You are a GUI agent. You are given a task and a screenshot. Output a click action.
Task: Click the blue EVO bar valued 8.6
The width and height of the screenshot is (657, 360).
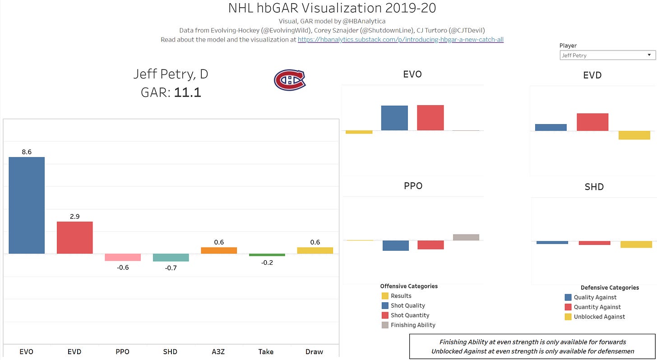tap(27, 205)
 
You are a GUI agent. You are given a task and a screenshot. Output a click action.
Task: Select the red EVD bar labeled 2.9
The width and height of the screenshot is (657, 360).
tap(74, 237)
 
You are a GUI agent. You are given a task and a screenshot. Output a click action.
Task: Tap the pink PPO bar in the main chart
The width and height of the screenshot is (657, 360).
tap(123, 257)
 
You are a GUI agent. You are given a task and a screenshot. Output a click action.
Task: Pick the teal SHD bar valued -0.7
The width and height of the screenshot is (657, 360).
tap(171, 258)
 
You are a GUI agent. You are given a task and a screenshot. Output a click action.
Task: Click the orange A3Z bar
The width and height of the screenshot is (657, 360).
tap(219, 250)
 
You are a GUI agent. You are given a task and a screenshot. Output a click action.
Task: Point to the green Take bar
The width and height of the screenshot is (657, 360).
tap(267, 255)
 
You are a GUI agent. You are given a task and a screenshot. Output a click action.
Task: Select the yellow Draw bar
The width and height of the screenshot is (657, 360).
tap(315, 250)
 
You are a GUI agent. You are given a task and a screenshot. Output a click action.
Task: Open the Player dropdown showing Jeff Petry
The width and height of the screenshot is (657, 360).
tap(607, 55)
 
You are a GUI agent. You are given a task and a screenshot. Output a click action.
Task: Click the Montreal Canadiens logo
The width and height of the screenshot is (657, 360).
tap(290, 80)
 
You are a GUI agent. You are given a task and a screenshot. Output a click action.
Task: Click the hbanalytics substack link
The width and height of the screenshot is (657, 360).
tap(400, 40)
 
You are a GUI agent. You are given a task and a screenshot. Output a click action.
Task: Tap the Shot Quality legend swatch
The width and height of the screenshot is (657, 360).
tap(385, 306)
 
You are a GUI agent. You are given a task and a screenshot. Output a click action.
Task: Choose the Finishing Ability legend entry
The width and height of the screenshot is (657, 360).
tap(413, 325)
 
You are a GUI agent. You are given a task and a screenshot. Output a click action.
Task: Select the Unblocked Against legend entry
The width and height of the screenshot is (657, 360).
tap(599, 317)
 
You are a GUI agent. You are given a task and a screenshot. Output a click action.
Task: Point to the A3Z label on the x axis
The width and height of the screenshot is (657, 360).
tap(219, 351)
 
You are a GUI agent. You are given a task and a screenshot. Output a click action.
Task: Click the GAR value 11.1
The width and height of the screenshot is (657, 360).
tap(187, 92)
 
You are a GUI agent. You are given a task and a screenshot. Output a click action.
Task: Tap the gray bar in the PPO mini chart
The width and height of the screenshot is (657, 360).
tap(466, 237)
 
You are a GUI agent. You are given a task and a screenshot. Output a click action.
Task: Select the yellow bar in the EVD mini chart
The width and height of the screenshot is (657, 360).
tap(634, 135)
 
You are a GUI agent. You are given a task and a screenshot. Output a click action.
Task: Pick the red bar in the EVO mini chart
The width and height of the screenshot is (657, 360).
tap(430, 118)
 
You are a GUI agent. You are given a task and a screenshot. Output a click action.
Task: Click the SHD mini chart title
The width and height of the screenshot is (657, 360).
tap(594, 187)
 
